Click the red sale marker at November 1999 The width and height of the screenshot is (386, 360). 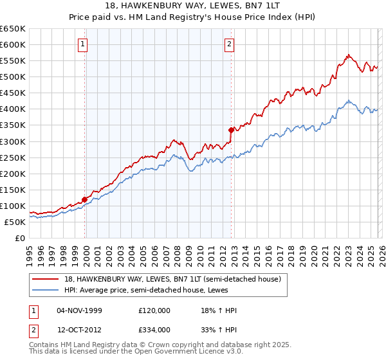click(x=84, y=199)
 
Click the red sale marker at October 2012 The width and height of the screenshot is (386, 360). click(x=231, y=130)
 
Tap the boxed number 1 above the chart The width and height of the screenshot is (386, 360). click(x=84, y=44)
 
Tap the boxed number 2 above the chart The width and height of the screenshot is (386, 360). click(x=230, y=44)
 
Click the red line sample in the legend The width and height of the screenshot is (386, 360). click(x=46, y=280)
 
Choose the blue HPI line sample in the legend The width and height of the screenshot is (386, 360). click(x=46, y=291)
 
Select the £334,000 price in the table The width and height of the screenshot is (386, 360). click(x=154, y=330)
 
